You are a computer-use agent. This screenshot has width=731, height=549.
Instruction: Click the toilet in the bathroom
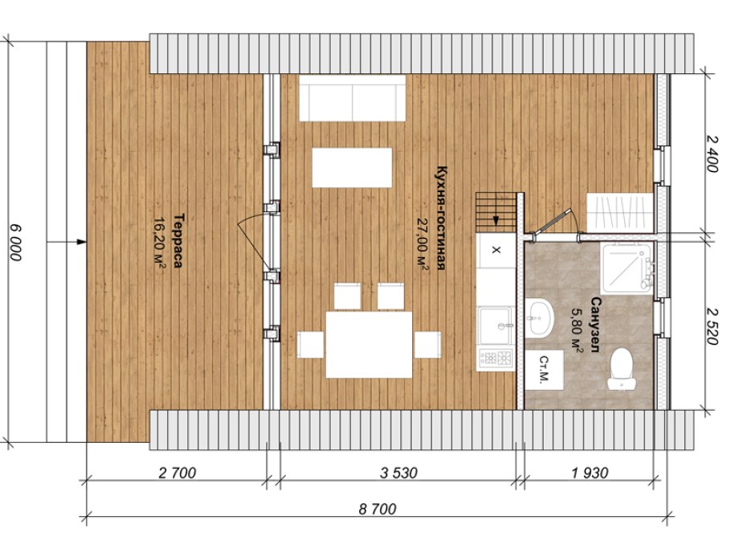tap(622, 369)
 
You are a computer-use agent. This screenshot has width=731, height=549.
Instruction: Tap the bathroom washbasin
tap(540, 318)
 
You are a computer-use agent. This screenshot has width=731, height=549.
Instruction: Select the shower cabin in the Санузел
tap(627, 268)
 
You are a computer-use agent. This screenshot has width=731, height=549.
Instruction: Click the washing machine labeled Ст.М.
tap(544, 370)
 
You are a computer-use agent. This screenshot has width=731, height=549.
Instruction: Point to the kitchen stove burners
tap(496, 358)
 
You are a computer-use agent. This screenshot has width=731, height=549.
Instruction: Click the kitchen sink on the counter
tap(496, 325)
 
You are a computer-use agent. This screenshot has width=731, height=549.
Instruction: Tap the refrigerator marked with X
tap(496, 251)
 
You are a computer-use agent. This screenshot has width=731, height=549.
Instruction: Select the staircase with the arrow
tap(496, 211)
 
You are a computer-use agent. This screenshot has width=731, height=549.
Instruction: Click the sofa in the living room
tap(352, 98)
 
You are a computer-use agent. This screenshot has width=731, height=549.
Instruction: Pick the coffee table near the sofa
tap(352, 167)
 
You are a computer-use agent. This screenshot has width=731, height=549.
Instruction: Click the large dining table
tap(369, 344)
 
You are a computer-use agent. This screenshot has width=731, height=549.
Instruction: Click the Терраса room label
tap(178, 240)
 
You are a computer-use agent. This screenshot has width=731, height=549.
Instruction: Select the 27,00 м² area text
tap(423, 244)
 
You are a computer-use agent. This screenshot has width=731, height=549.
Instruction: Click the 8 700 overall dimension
tap(378, 509)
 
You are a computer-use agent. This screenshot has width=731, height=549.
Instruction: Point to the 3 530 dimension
tap(398, 473)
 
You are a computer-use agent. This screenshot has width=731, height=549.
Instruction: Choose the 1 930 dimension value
tap(590, 473)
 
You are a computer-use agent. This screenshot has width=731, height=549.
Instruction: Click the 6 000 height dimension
tap(15, 243)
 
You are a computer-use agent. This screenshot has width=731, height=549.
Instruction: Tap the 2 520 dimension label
tap(712, 326)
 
